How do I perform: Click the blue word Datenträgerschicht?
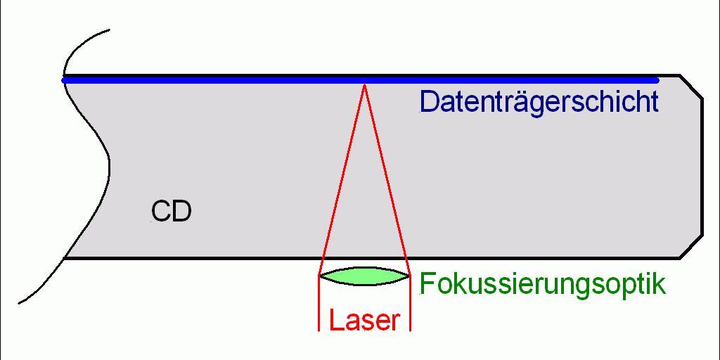(539, 102)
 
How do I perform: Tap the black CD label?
(171, 211)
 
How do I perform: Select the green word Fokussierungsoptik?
(542, 284)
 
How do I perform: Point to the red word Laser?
(364, 321)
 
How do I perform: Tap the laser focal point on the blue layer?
(364, 83)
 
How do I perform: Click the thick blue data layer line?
(211, 80)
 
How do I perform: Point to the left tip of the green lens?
(321, 276)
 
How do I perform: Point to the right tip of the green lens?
(408, 276)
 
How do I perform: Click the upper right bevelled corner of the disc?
(690, 85)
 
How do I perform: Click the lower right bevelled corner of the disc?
(690, 247)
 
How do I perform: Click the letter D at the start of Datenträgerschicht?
(427, 102)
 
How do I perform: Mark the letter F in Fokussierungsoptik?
(426, 283)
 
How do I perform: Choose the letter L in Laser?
(335, 321)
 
